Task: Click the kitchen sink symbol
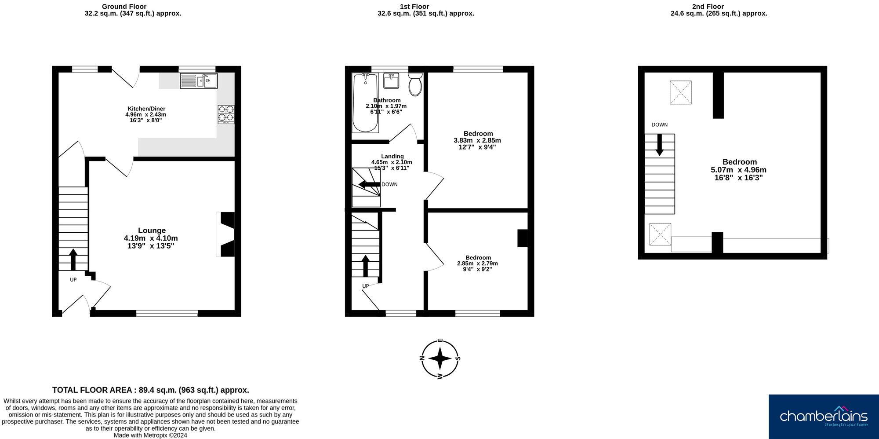[x=199, y=80]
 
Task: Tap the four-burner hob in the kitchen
[x=226, y=113]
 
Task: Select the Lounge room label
[x=152, y=230]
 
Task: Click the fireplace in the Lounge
[x=227, y=234]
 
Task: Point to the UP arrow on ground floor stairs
[x=73, y=259]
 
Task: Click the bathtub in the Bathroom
[x=365, y=103]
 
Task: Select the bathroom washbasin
[x=391, y=80]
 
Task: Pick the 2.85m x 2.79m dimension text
[x=477, y=263]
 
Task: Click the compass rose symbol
[x=440, y=359]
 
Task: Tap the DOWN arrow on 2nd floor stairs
[x=659, y=145]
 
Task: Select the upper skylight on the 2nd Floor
[x=680, y=92]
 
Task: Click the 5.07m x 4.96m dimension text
[x=738, y=170]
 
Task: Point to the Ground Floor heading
[x=124, y=6]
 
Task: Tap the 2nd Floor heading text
[x=708, y=6]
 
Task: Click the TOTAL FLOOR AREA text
[x=150, y=390]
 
